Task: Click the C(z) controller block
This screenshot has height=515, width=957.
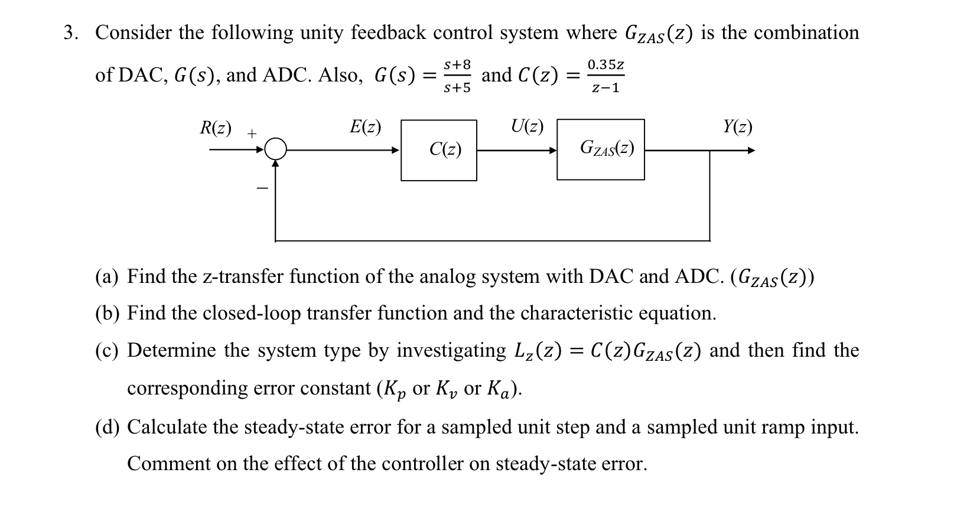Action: coord(438,150)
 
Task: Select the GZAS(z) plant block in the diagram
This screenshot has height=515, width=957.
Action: coord(600,149)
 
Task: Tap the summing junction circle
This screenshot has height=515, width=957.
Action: coord(275,149)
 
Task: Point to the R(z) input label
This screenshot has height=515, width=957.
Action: coord(215,128)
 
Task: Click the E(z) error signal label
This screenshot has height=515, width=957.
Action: coord(365,127)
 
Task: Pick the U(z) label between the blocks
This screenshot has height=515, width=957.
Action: coord(527,127)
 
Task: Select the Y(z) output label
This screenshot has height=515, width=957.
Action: coord(737,127)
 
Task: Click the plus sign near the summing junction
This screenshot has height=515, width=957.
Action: coord(252,134)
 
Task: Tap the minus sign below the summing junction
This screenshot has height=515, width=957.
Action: coord(262,189)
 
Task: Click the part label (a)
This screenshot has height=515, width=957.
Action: coord(107,276)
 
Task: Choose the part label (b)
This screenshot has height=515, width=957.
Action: coord(107,313)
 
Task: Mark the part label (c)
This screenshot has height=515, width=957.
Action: coord(107,351)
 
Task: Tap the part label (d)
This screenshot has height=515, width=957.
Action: coord(107,427)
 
